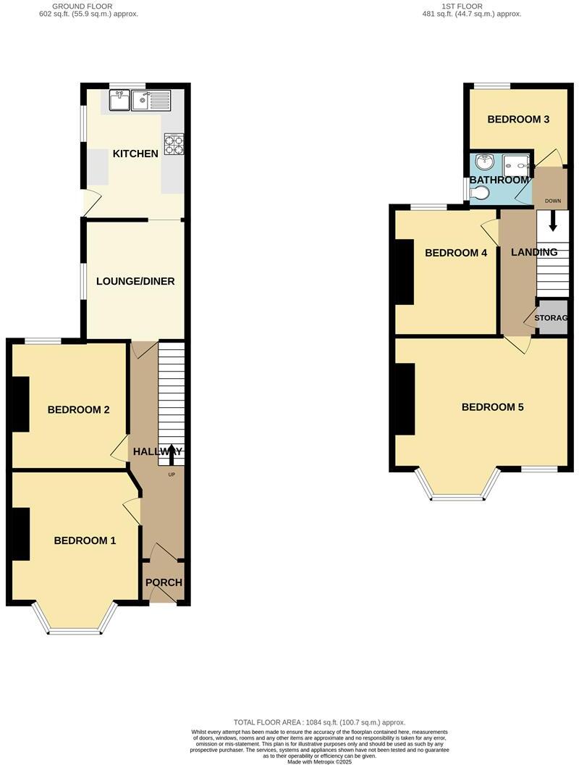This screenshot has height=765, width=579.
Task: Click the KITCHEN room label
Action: click(135, 154)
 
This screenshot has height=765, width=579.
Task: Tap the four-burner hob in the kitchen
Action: click(174, 143)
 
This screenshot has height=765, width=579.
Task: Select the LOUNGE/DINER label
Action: click(135, 281)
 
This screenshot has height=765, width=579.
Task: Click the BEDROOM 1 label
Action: click(85, 540)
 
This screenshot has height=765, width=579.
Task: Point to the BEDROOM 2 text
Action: click(78, 410)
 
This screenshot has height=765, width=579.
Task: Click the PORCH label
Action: click(164, 582)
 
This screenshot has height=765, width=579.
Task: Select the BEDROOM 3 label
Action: click(517, 120)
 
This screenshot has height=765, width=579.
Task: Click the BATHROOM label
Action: click(499, 180)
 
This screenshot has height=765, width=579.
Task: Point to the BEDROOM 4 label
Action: click(456, 253)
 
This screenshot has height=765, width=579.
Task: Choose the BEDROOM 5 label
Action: click(492, 407)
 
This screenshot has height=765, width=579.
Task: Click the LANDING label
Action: click(534, 252)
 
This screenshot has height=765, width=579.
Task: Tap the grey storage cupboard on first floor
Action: click(552, 317)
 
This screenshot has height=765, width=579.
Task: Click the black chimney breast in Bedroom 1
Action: click(20, 534)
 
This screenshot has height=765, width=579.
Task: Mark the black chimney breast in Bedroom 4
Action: click(404, 272)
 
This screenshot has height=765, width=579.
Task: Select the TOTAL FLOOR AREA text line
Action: click(319, 722)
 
